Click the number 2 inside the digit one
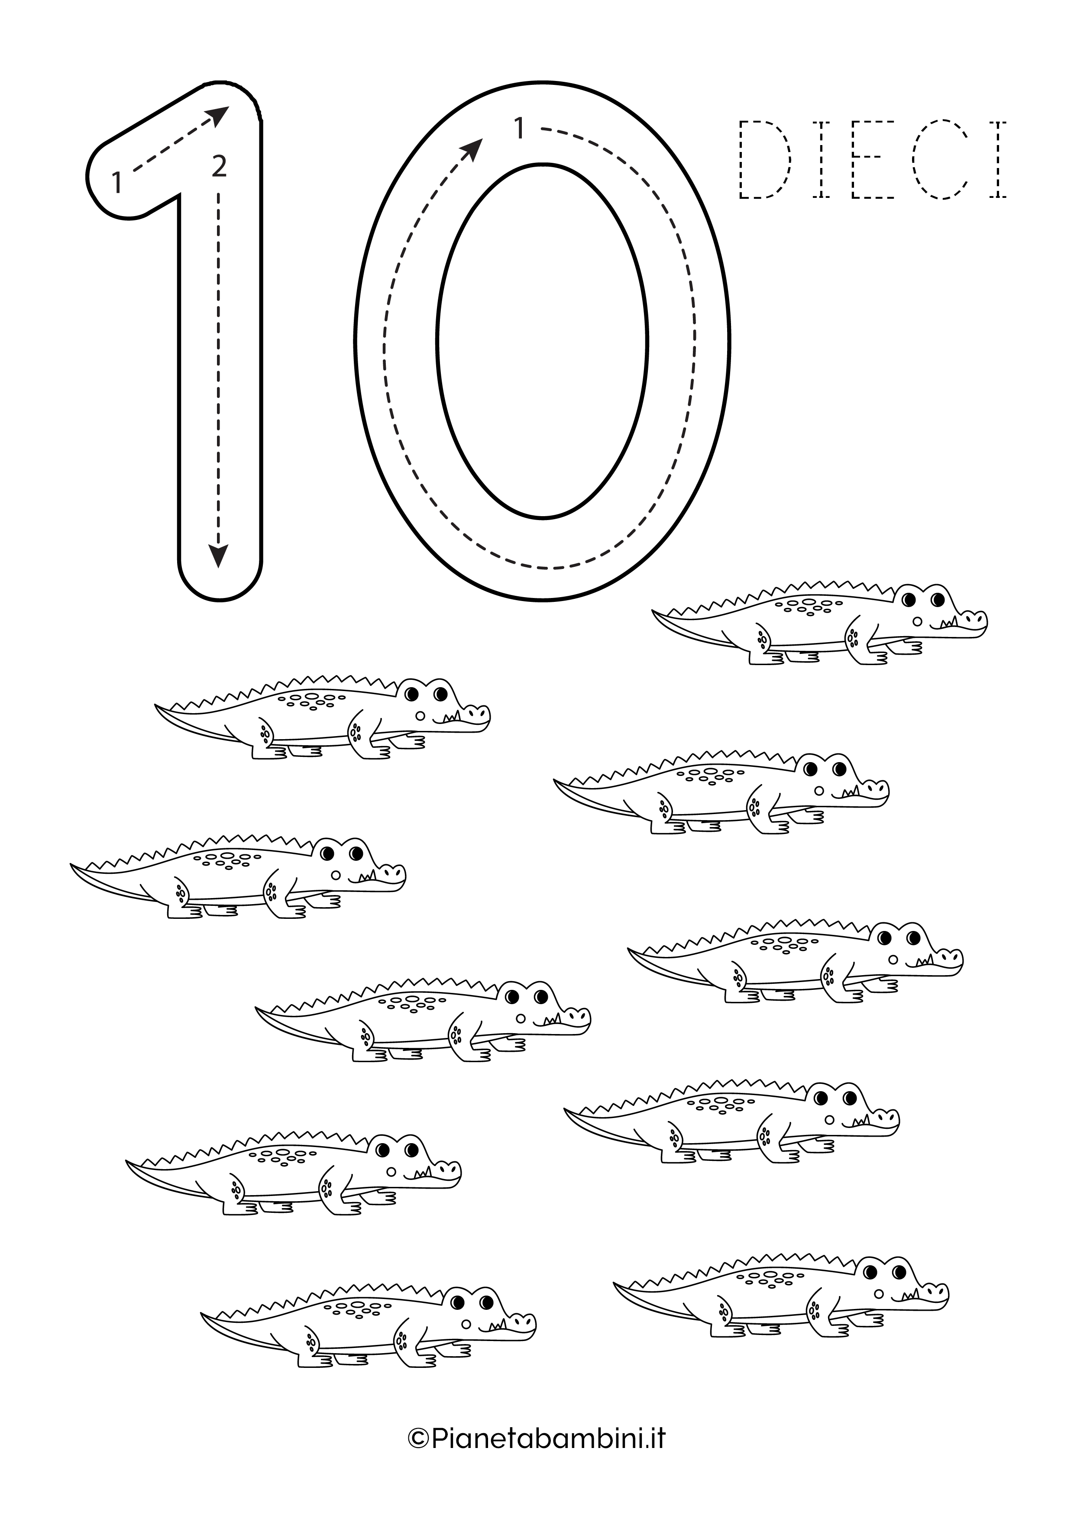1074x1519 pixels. tap(219, 166)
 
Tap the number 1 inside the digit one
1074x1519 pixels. tap(116, 183)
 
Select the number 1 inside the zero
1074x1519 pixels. tap(520, 128)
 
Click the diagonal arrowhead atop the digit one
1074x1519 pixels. tap(218, 115)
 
